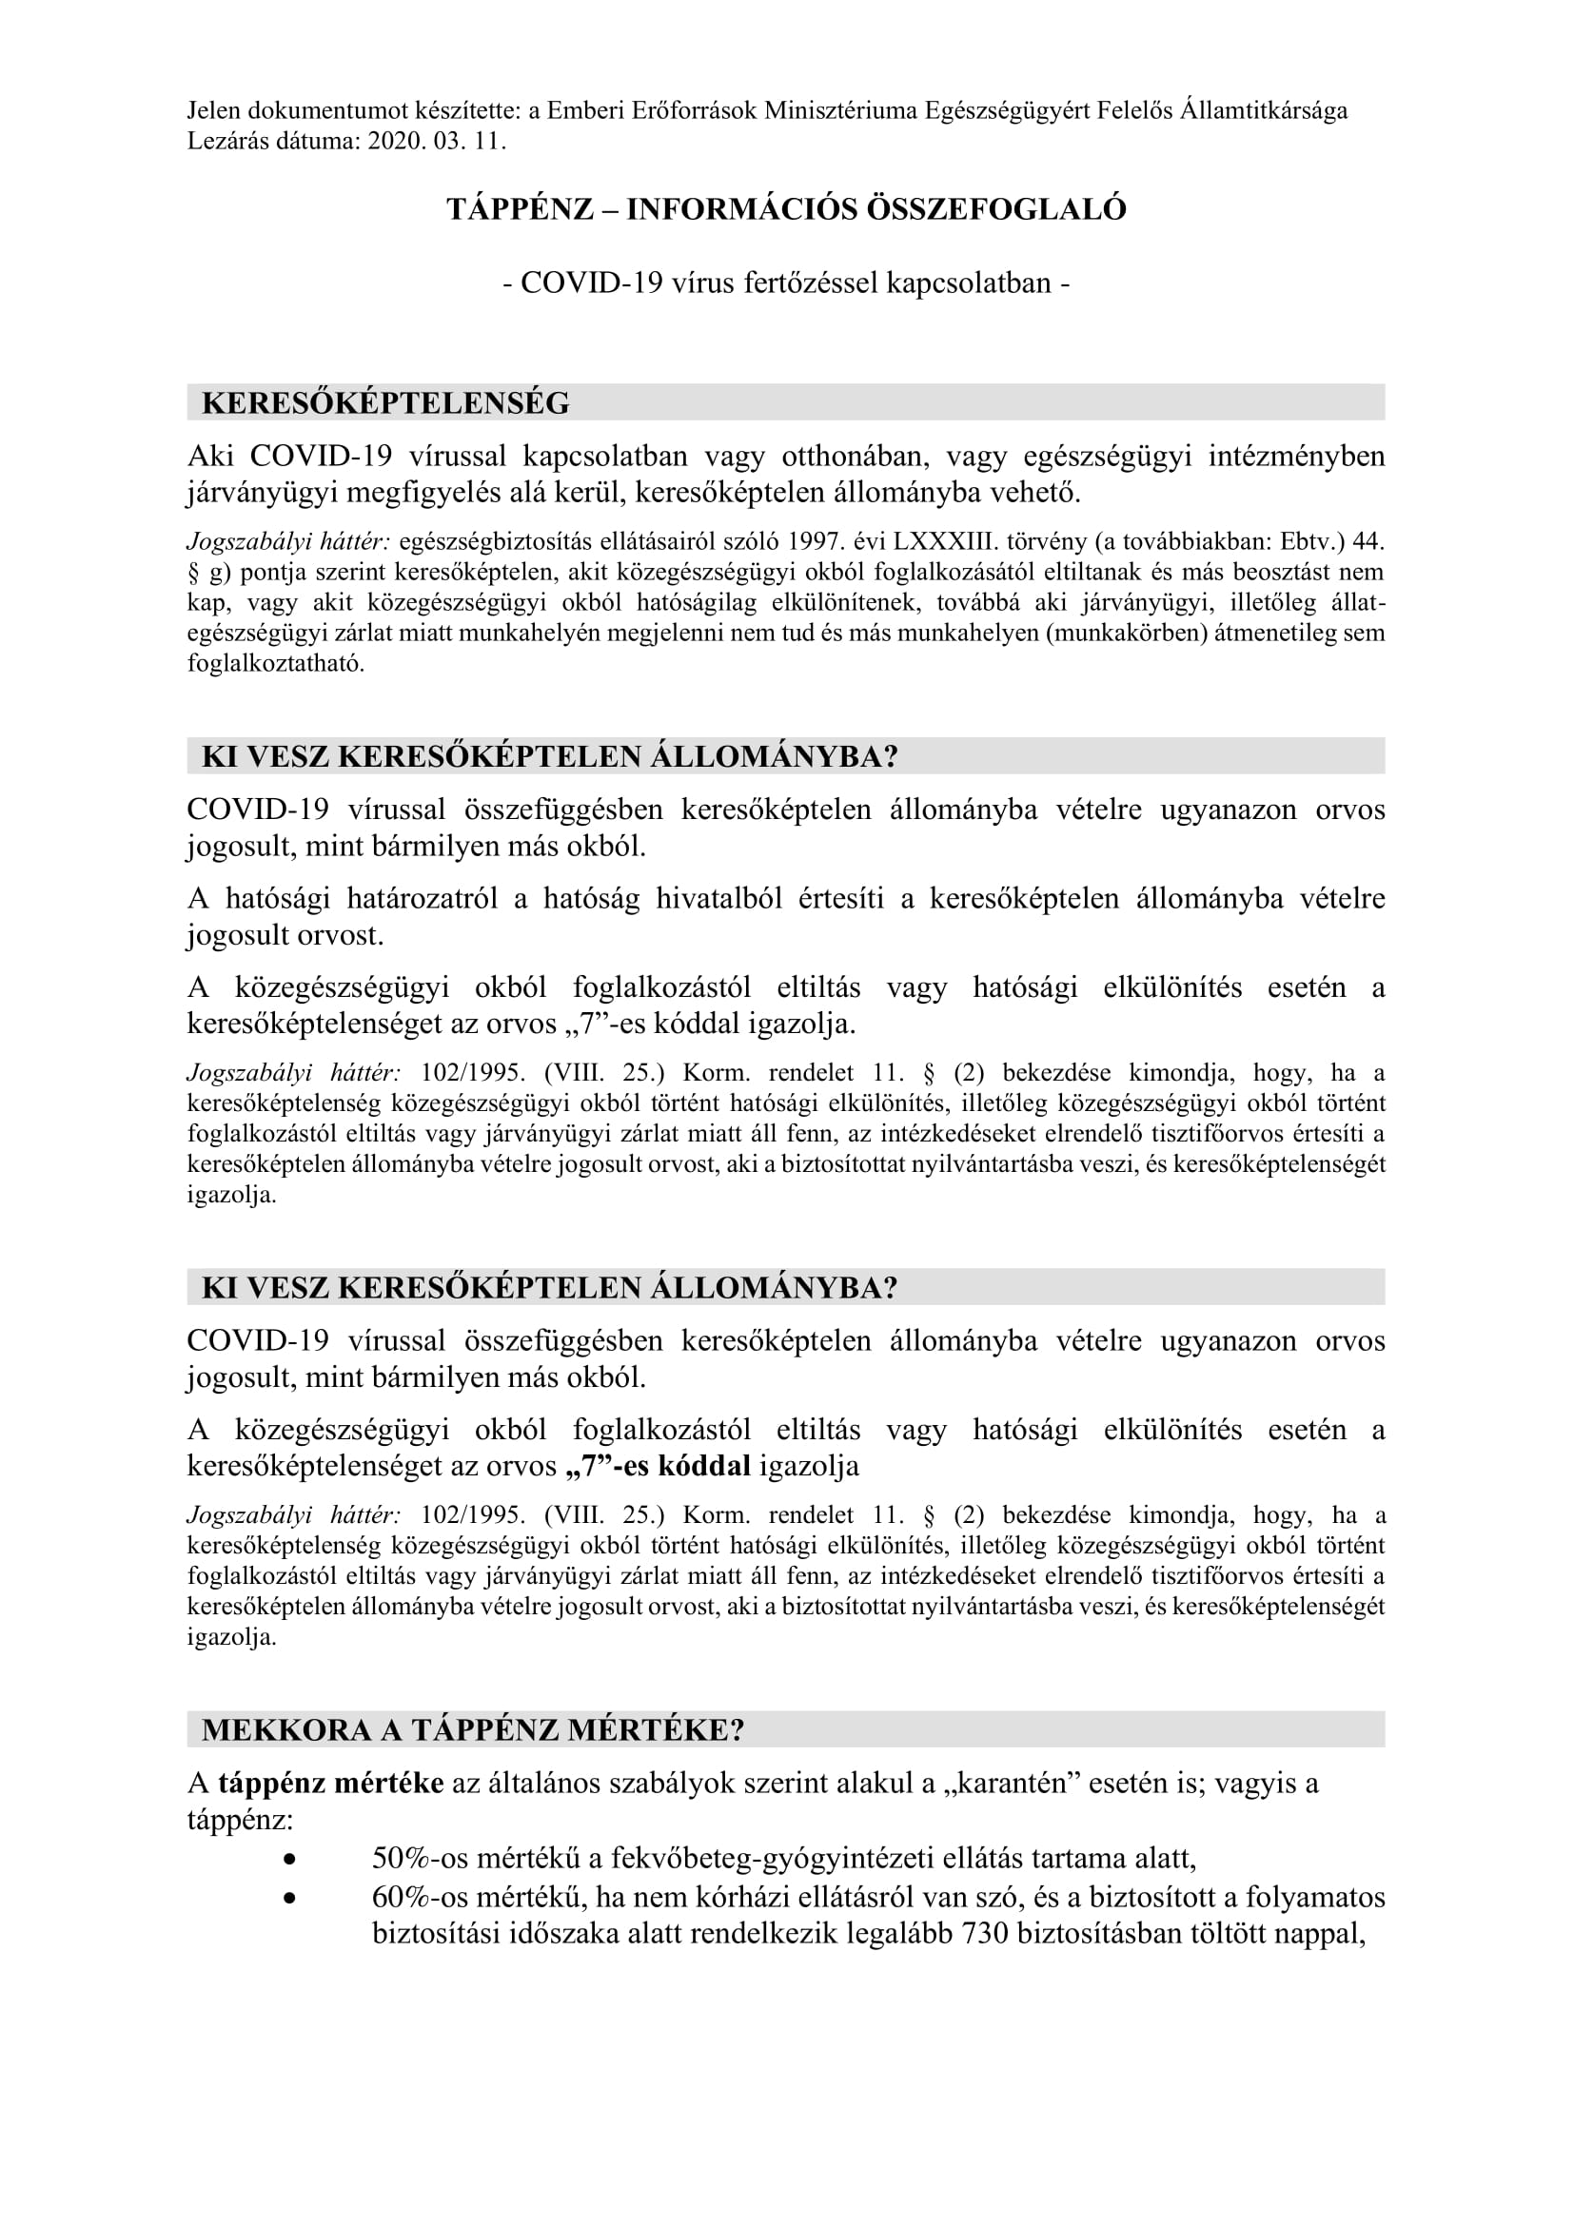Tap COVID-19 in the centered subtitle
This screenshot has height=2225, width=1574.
click(591, 283)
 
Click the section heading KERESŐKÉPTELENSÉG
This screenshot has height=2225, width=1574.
click(384, 403)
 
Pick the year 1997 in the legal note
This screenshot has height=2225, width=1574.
click(815, 540)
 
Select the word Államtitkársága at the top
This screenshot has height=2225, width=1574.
click(1263, 110)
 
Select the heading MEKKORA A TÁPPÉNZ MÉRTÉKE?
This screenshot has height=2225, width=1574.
click(473, 1729)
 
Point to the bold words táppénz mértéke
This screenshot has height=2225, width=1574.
click(330, 1783)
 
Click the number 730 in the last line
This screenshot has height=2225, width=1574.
click(985, 1933)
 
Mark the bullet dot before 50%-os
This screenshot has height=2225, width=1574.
click(290, 1860)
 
